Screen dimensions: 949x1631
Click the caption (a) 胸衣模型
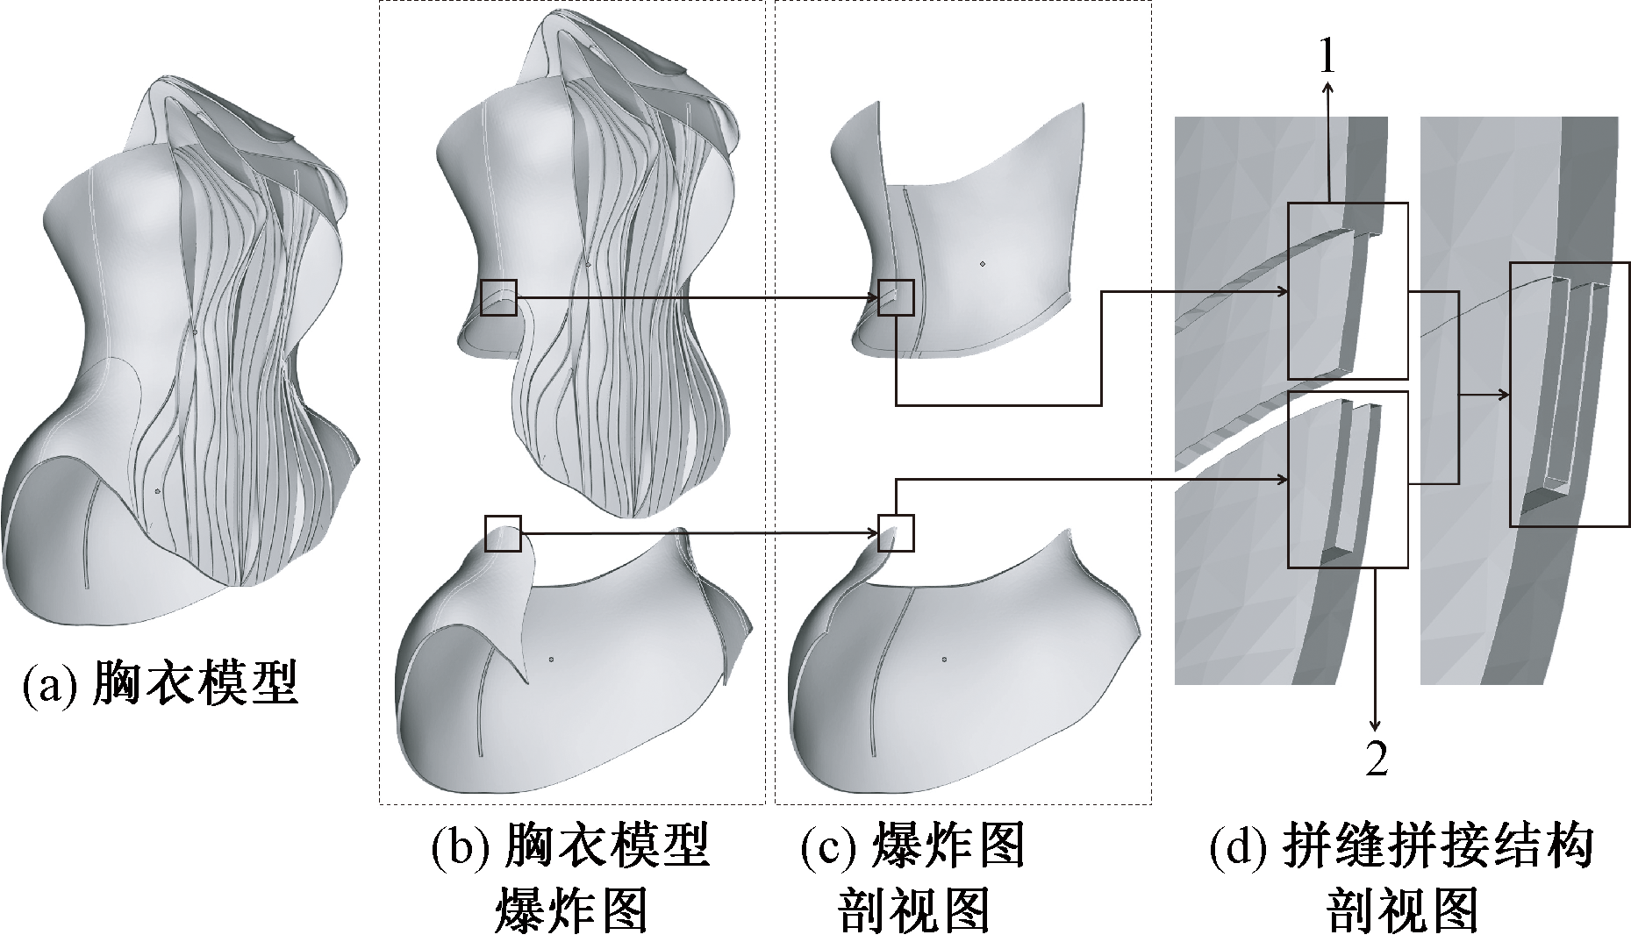(x=161, y=685)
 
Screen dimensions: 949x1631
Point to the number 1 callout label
(x=1327, y=58)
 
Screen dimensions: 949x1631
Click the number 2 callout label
(x=1377, y=759)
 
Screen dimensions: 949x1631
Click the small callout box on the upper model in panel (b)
(x=499, y=298)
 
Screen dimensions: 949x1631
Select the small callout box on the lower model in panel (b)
(x=503, y=533)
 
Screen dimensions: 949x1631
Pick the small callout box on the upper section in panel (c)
(x=896, y=298)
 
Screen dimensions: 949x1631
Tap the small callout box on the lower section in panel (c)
(x=896, y=532)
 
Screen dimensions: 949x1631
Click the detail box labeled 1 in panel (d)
(x=1347, y=291)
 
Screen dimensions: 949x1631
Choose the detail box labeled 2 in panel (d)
(x=1347, y=479)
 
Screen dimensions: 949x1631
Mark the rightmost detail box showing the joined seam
(x=1569, y=395)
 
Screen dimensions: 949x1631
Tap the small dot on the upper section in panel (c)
(x=983, y=262)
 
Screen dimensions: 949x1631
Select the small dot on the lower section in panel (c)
(x=943, y=658)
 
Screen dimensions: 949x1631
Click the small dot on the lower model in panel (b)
(x=550, y=658)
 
